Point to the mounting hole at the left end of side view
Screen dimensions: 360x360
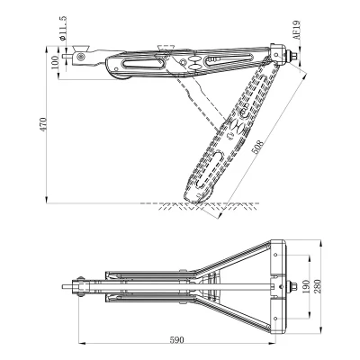click(83, 57)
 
